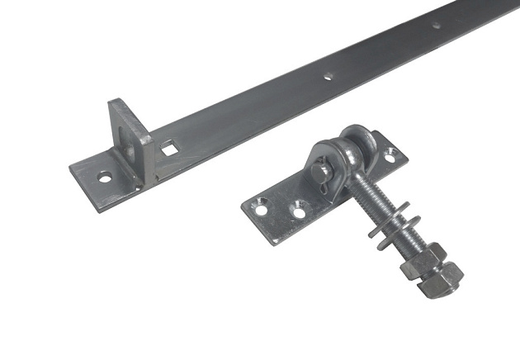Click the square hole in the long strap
click(168, 149)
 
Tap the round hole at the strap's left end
click(106, 176)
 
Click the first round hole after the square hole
click(329, 76)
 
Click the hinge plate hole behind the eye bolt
click(390, 153)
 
